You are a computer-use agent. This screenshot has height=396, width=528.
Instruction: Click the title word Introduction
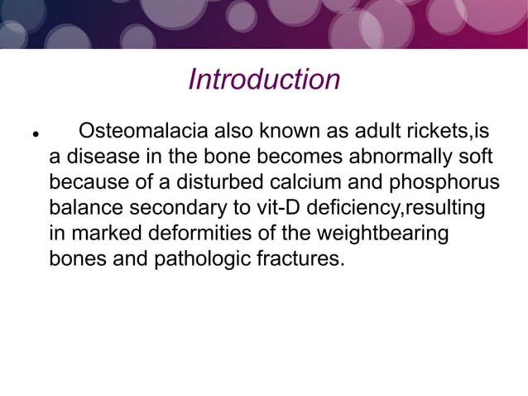tap(264, 80)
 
